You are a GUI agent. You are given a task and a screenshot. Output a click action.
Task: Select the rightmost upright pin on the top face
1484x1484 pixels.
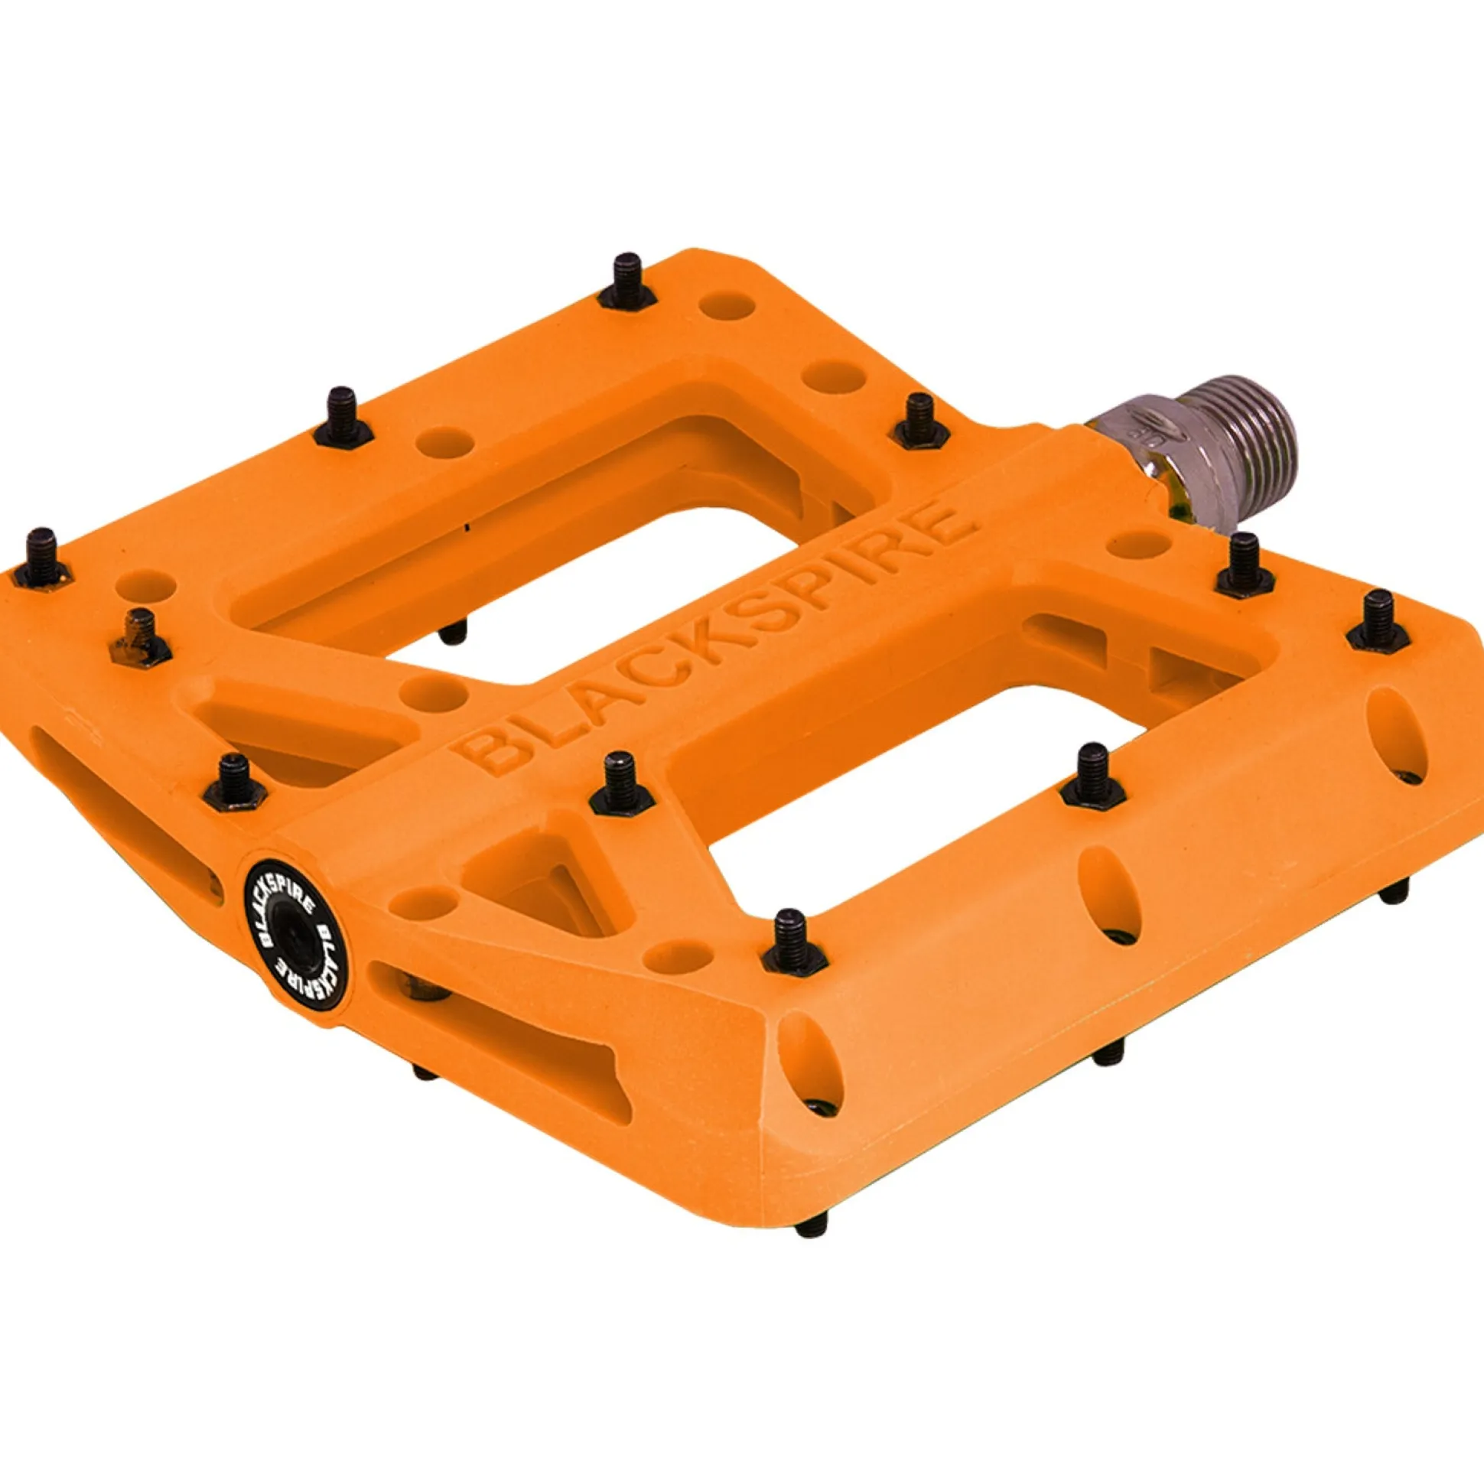click(1379, 621)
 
